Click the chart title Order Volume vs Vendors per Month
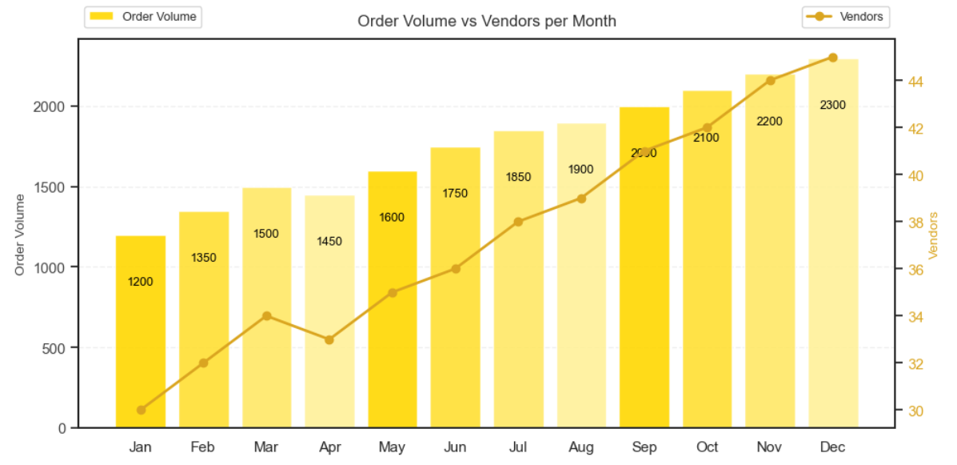(x=487, y=21)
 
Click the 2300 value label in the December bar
(x=832, y=105)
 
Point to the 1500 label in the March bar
(x=266, y=234)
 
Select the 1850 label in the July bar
(x=518, y=177)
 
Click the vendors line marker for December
(x=832, y=58)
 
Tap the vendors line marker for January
(x=141, y=410)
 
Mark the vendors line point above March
(x=266, y=316)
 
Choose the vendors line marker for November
(x=770, y=81)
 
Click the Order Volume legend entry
(x=143, y=17)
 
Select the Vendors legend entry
(x=847, y=17)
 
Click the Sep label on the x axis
(x=644, y=447)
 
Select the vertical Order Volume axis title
(x=20, y=235)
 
